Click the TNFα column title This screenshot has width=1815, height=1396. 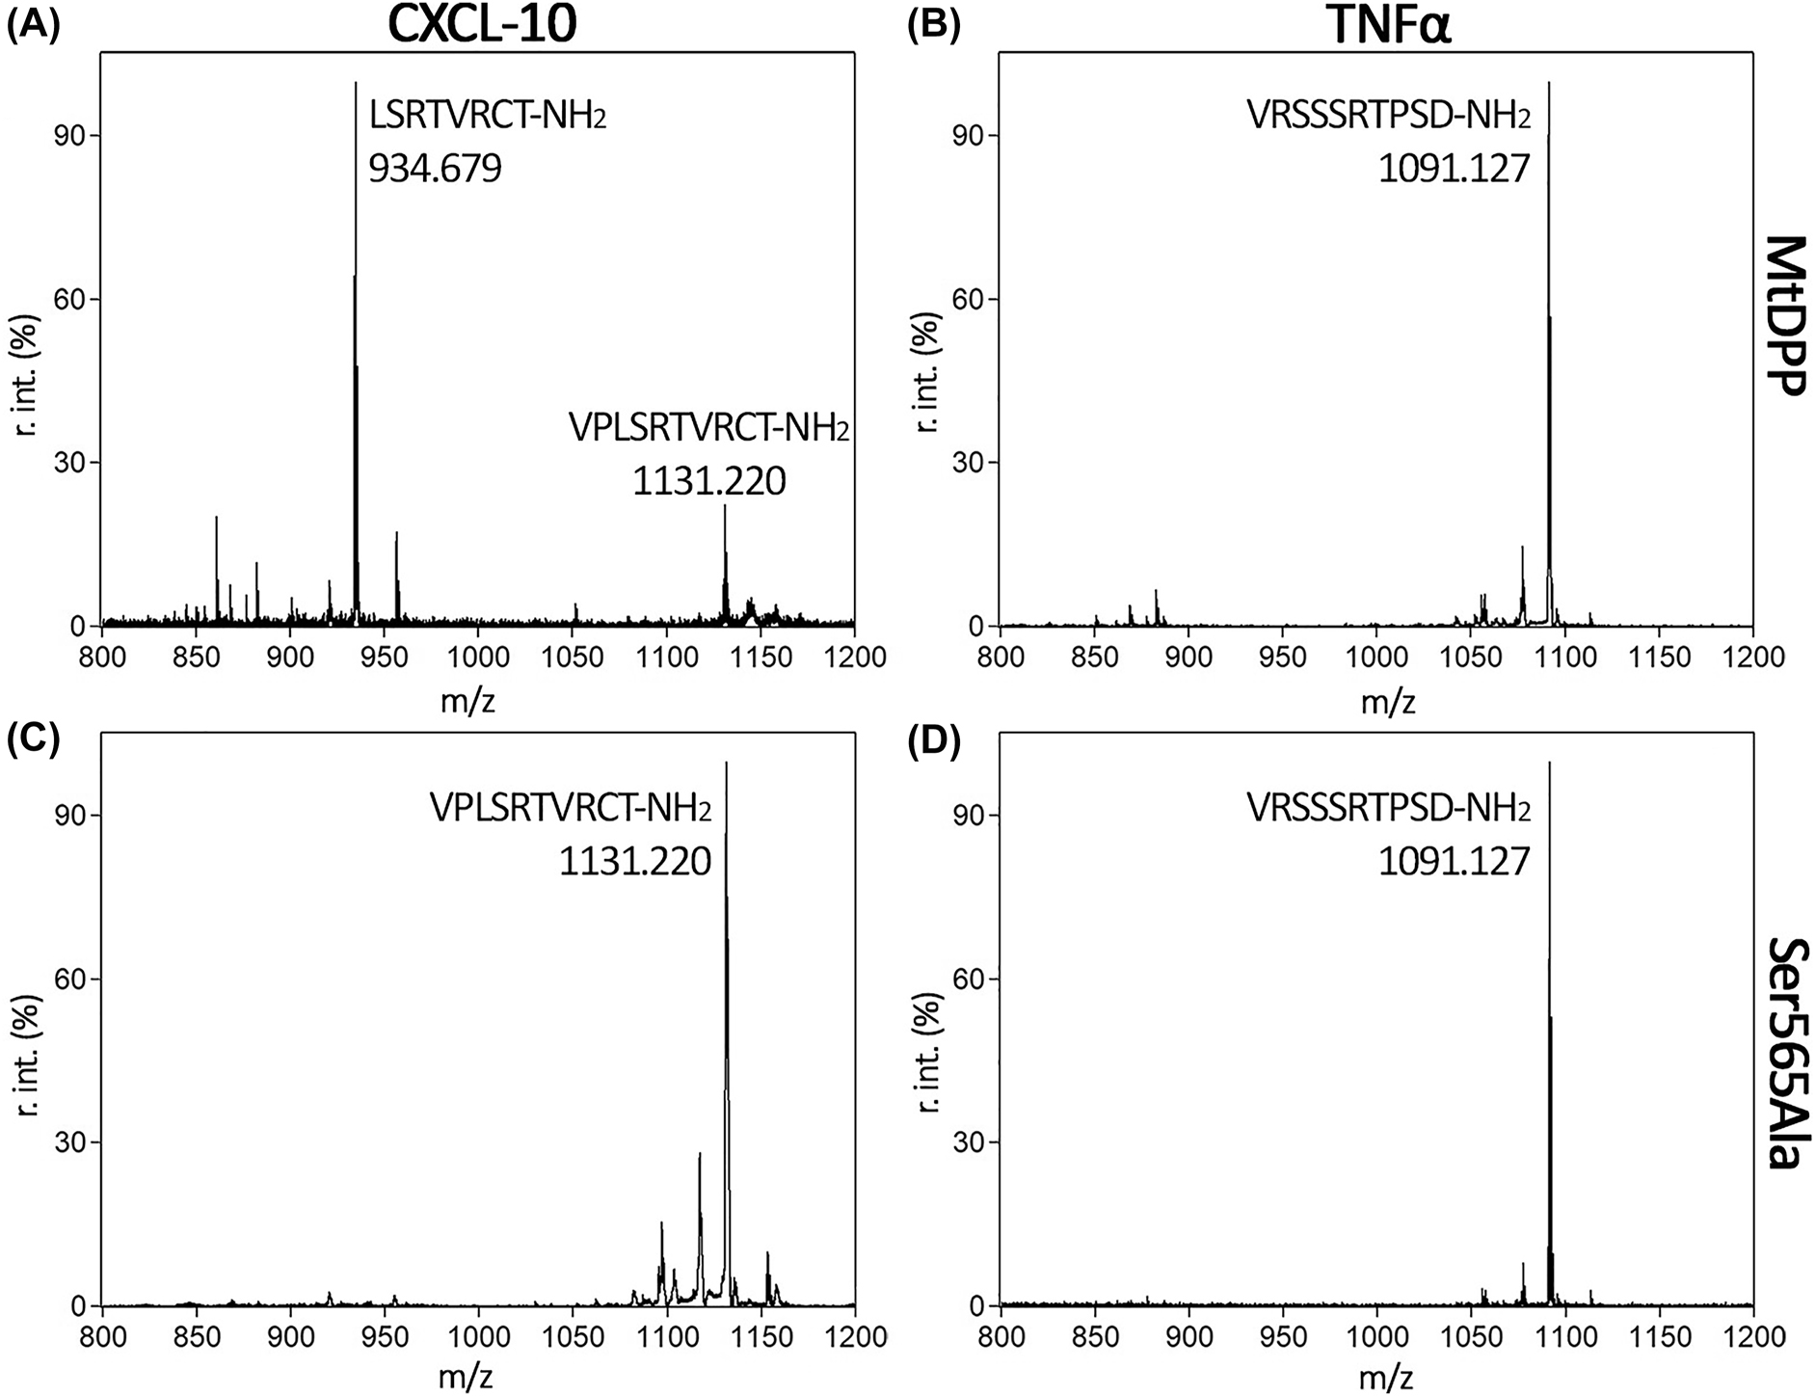[1389, 26]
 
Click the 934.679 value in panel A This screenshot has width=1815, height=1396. [435, 169]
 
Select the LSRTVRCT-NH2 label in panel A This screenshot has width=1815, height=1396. [488, 117]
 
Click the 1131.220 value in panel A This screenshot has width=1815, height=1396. [708, 480]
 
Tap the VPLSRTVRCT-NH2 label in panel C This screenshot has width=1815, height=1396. [571, 809]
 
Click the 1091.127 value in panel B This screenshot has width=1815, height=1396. [1454, 169]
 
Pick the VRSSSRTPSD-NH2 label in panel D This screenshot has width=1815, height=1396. [1388, 809]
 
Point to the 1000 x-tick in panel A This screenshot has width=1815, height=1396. [478, 658]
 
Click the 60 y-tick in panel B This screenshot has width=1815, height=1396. [972, 299]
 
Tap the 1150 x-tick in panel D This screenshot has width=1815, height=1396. [1660, 1337]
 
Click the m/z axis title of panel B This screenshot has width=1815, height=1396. [1388, 702]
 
